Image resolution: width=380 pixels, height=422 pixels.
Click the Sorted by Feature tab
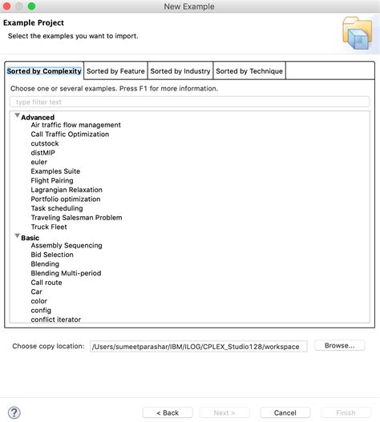[115, 71]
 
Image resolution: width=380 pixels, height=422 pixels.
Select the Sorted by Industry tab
[180, 71]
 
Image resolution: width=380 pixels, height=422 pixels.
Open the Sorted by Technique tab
[249, 71]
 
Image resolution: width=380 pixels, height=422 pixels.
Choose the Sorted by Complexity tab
[44, 71]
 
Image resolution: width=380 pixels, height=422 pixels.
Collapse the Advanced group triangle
[17, 116]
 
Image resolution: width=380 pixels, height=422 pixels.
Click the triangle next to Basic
[17, 236]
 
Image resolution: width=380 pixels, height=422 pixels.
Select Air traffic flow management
[75, 125]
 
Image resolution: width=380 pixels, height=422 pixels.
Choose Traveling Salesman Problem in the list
[76, 218]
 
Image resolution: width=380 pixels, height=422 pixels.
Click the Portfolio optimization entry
[66, 199]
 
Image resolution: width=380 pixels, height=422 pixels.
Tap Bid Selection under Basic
[52, 255]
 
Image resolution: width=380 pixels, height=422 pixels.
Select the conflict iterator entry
[56, 320]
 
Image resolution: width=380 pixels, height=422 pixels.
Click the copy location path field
[197, 347]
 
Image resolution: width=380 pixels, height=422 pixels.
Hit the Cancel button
[285, 412]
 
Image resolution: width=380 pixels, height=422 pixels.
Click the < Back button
[167, 412]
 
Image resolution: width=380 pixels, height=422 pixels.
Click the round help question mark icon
[15, 412]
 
